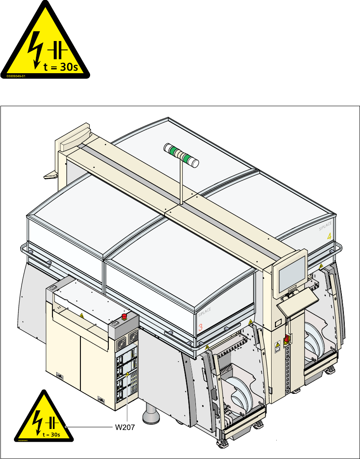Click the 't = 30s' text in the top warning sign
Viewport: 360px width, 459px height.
[60, 68]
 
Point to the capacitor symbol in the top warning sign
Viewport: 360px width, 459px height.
[58, 51]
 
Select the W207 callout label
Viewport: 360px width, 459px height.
[125, 427]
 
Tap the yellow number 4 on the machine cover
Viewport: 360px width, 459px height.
[329, 237]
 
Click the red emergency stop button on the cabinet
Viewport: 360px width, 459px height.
[125, 316]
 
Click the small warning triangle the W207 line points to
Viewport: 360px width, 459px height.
[127, 374]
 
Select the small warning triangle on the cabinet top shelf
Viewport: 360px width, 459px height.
[81, 316]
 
